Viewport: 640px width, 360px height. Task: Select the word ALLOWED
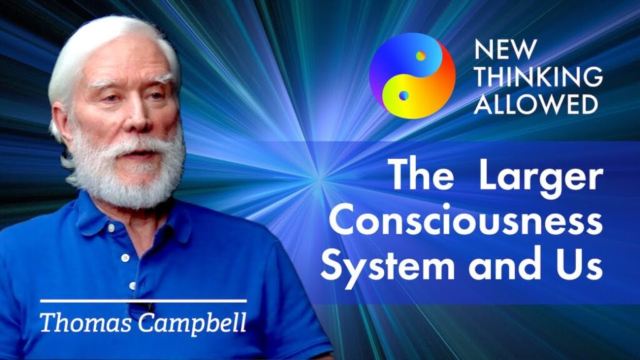(x=535, y=104)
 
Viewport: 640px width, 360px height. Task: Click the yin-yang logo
(x=412, y=76)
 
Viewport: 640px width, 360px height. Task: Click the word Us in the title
(x=580, y=267)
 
